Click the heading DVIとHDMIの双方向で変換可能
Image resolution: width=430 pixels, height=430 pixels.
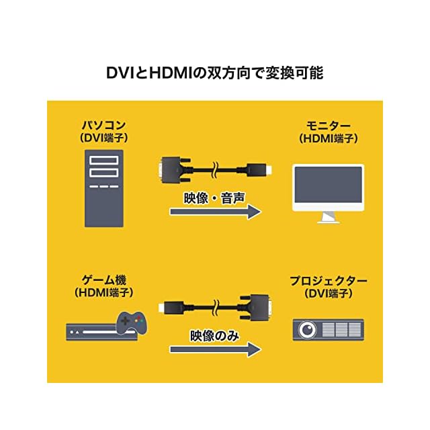coord(215,73)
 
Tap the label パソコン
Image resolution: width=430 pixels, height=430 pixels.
coord(103,126)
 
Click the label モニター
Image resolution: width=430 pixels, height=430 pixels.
coord(329,126)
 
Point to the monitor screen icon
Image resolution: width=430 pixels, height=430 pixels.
coord(328,188)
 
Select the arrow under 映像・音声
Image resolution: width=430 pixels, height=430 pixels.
coord(214,212)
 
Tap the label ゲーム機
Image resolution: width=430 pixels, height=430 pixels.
coord(103,280)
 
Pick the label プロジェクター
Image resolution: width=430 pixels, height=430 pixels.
coord(329,280)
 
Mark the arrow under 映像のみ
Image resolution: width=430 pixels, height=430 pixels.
coord(214,349)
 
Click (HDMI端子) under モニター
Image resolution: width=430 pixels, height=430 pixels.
coord(329,138)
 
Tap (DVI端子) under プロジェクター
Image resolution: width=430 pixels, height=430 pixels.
coord(329,293)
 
